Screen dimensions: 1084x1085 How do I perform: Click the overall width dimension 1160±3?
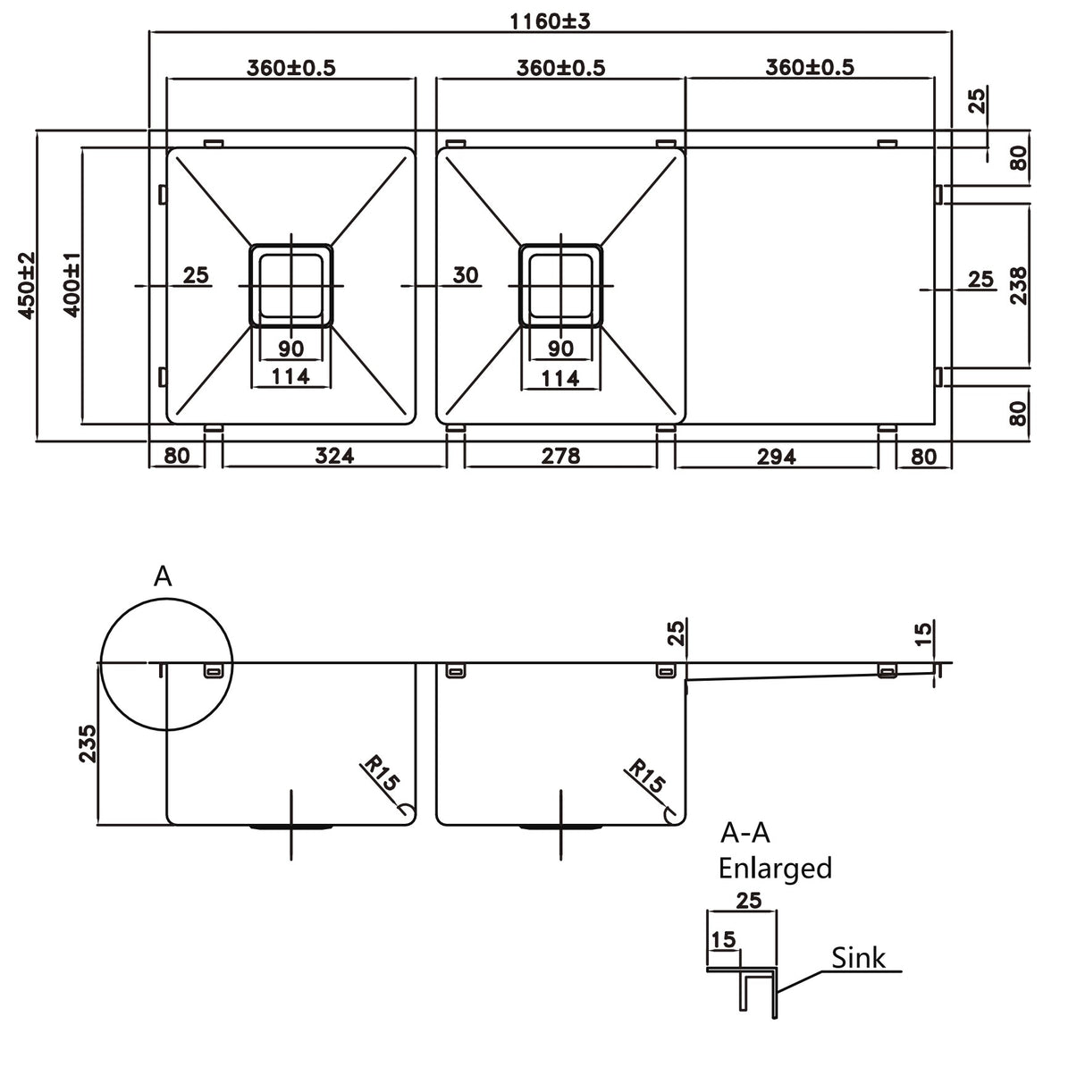tap(551, 21)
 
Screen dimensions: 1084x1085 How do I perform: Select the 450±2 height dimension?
tap(26, 285)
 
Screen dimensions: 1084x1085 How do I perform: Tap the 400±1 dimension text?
tap(72, 285)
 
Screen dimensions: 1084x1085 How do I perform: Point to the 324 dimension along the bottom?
tap(334, 456)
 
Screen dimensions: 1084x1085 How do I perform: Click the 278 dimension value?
tap(560, 456)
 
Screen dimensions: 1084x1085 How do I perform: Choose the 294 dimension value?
tap(776, 456)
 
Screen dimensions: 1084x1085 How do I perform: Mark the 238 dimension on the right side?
tap(1018, 286)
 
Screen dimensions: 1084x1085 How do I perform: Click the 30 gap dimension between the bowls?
tap(465, 275)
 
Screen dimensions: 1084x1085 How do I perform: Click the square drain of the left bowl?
tap(290, 285)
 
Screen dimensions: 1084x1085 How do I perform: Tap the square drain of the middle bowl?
tap(560, 285)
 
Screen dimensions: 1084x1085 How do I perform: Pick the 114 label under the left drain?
tap(290, 377)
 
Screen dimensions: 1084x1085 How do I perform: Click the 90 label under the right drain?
tap(560, 349)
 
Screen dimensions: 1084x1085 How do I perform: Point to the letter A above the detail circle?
tap(163, 577)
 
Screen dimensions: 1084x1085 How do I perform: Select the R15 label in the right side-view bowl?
tap(646, 777)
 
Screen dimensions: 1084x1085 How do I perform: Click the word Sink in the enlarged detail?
tap(858, 958)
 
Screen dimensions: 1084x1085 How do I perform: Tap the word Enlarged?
tap(775, 868)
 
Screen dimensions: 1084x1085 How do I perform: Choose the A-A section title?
tap(744, 833)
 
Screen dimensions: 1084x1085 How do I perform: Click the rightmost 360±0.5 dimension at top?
tap(810, 67)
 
